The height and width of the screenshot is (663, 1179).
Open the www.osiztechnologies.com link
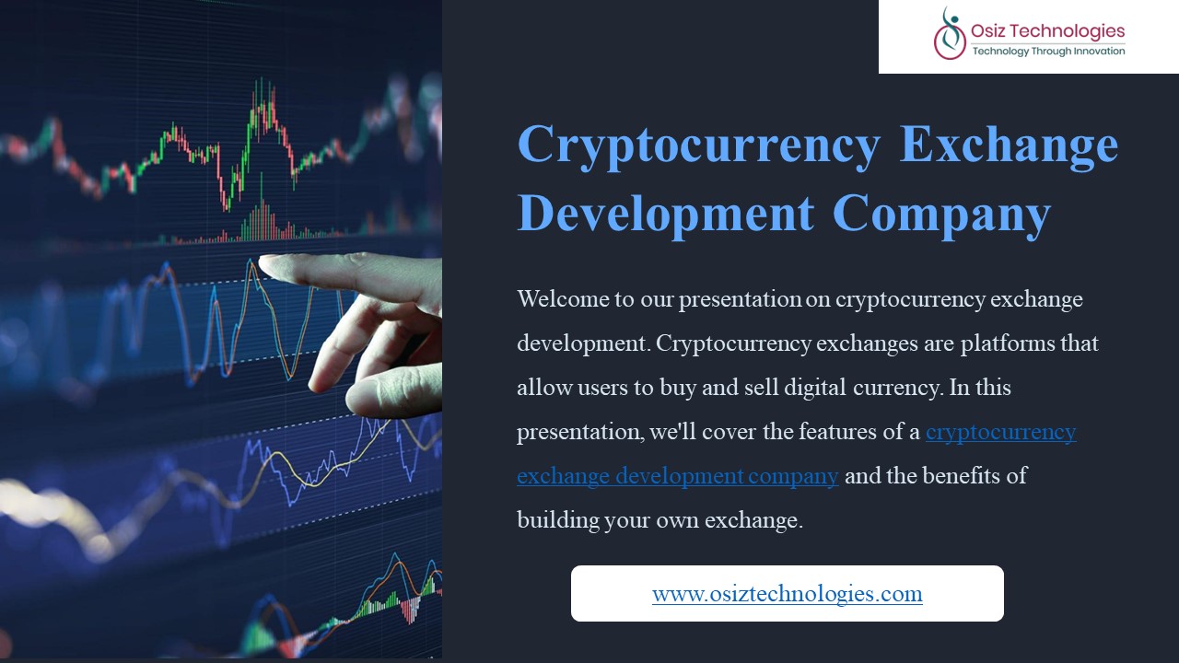click(x=788, y=594)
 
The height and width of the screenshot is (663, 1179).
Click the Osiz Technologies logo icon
click(x=950, y=34)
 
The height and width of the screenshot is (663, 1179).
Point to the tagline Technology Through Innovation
click(x=1048, y=51)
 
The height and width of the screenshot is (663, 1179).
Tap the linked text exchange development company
click(x=677, y=476)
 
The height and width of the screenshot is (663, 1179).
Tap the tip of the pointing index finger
click(x=261, y=262)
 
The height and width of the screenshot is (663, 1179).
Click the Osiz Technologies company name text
click(x=1047, y=31)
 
